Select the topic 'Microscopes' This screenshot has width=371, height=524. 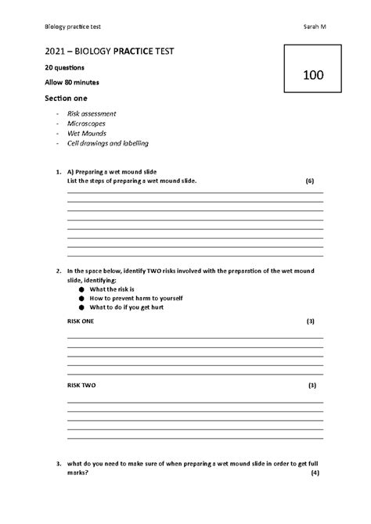click(86, 124)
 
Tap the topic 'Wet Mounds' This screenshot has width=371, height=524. click(86, 134)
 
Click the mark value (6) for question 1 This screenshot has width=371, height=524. click(310, 181)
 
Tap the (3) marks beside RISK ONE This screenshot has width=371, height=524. click(311, 321)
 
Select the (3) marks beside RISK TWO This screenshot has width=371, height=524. click(312, 386)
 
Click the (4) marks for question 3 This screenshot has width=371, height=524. click(314, 473)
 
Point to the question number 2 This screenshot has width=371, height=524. click(59, 271)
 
